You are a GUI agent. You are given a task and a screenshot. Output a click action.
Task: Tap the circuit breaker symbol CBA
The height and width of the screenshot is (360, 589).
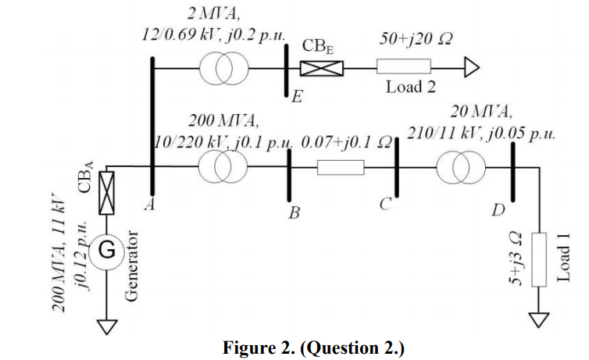(x=108, y=192)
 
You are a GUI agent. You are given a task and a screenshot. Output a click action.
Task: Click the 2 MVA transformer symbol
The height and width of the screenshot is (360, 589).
(x=223, y=69)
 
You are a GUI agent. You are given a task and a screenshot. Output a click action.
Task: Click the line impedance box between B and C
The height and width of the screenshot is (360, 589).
(x=341, y=166)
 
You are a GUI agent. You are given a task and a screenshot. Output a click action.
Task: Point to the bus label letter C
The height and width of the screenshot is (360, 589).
(x=385, y=205)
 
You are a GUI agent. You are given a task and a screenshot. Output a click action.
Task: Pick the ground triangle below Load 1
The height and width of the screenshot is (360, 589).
(x=538, y=319)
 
